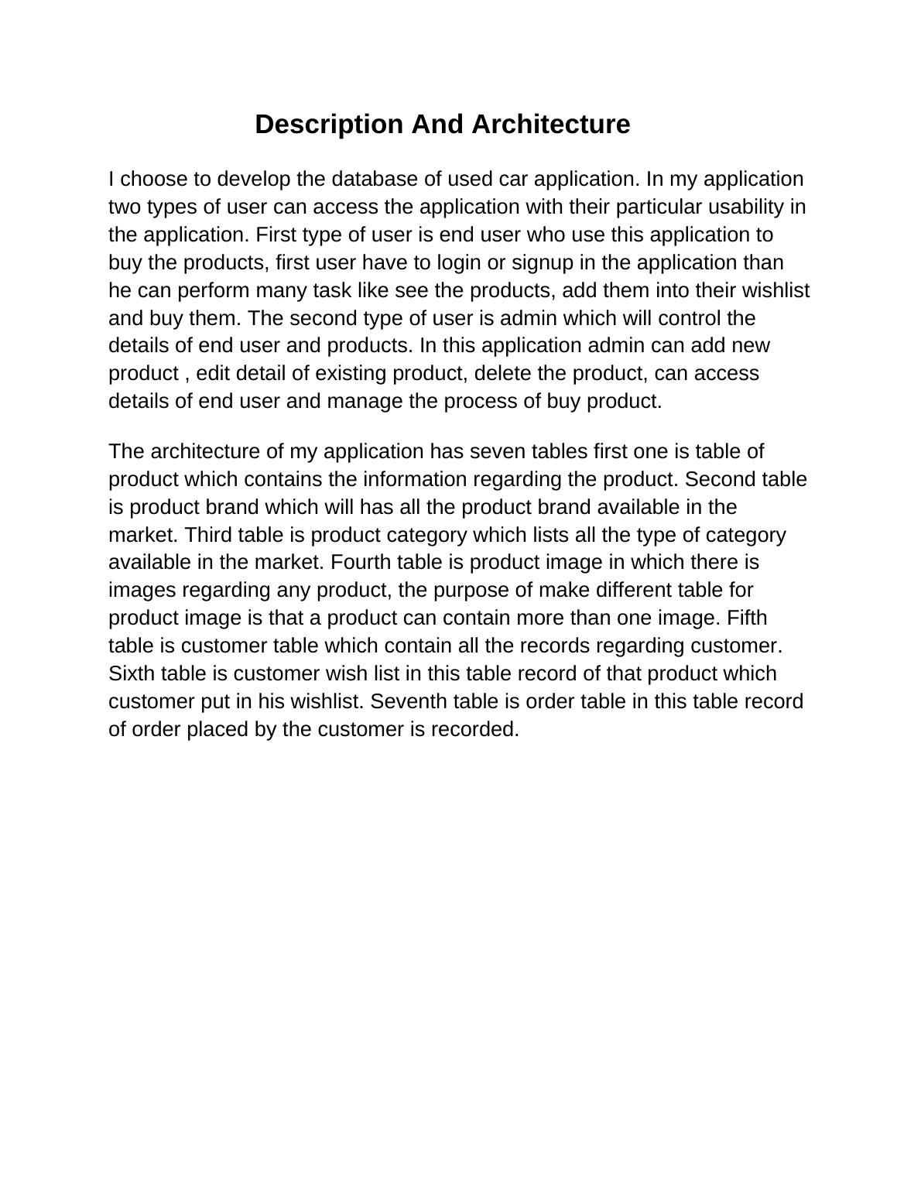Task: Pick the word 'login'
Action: click(x=460, y=262)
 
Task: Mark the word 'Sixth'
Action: click(x=132, y=673)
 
